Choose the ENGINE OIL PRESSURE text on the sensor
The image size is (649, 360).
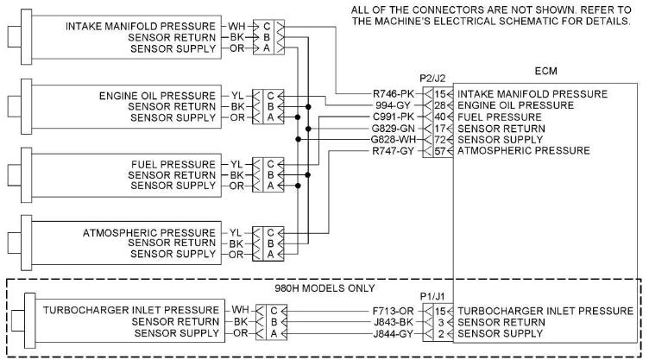pos(159,94)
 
